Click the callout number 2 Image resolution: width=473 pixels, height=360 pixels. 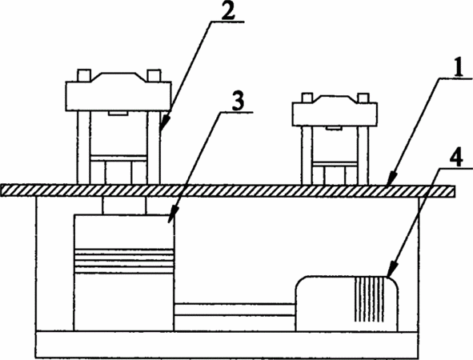[228, 10]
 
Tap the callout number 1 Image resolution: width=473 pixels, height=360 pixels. [458, 68]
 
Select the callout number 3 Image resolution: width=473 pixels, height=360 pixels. [238, 102]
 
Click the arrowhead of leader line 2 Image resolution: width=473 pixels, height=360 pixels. [162, 124]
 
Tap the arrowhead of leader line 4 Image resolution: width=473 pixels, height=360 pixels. [392, 270]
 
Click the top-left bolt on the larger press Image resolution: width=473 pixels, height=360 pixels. [84, 75]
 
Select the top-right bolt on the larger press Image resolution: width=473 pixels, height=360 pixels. [154, 75]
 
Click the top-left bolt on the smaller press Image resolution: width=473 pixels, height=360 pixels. [307, 98]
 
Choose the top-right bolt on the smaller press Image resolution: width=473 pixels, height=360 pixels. [363, 98]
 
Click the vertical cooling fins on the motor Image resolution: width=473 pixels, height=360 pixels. [370, 299]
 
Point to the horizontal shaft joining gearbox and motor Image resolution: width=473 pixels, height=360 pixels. [235, 310]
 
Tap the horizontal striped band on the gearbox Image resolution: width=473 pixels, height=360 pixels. [124, 261]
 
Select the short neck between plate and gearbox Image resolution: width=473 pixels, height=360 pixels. [124, 206]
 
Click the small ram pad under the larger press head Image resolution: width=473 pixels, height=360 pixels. [118, 114]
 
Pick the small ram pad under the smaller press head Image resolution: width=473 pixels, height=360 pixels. [334, 129]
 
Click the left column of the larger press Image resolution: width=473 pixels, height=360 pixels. [84, 147]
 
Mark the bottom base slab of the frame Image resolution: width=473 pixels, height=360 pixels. [226, 345]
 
